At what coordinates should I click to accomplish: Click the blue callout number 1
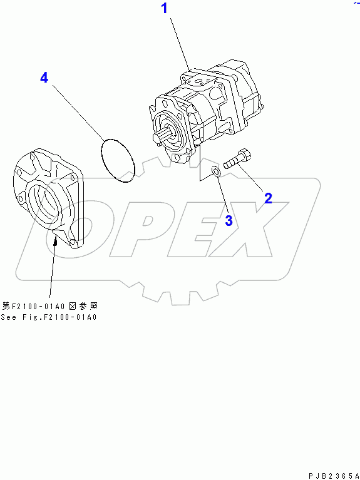pos(165,8)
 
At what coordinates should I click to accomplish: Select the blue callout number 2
pos(268,198)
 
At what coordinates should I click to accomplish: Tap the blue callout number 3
pos(229,220)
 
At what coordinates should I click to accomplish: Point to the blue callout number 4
pos(44,78)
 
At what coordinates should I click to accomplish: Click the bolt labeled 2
pos(237,159)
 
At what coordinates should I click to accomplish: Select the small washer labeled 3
pos(215,171)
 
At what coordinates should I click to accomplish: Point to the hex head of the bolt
pos(244,155)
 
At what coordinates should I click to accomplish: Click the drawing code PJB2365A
pos(334,476)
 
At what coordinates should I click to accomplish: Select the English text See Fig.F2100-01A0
pos(49,317)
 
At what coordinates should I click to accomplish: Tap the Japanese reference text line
pos(49,306)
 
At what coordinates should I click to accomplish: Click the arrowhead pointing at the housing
pos(56,242)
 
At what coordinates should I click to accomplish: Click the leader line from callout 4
pos(78,112)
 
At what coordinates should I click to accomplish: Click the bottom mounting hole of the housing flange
pos(72,242)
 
